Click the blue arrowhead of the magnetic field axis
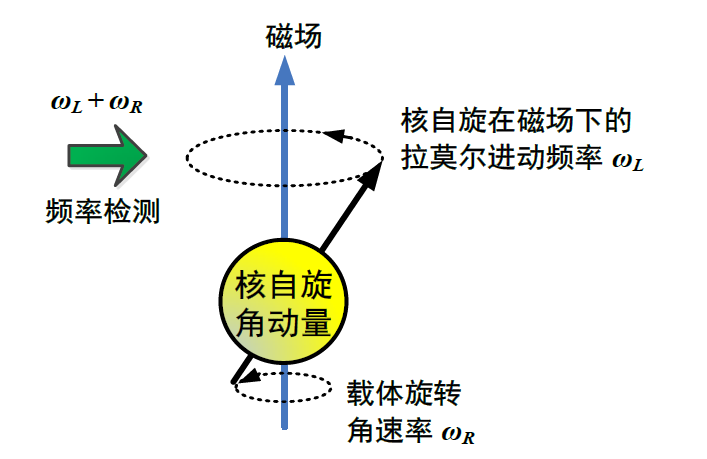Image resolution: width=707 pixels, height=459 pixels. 286,69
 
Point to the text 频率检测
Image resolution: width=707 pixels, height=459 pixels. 103,211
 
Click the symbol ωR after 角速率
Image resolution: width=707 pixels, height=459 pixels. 463,433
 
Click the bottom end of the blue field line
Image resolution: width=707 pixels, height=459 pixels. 286,425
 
